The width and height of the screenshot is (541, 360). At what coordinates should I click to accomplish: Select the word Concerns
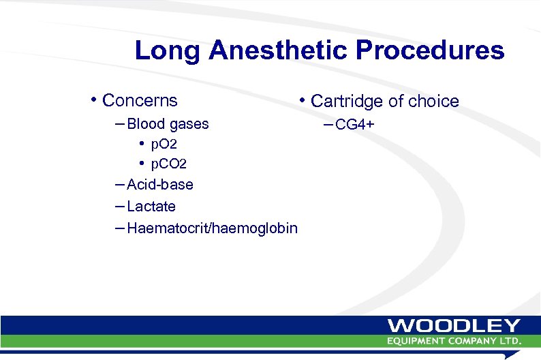pyautogui.click(x=140, y=101)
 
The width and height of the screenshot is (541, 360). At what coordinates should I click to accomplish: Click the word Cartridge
pyautogui.click(x=347, y=102)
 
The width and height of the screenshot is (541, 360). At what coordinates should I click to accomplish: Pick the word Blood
pyautogui.click(x=146, y=124)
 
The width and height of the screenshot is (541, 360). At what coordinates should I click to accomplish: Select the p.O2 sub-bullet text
pyautogui.click(x=164, y=145)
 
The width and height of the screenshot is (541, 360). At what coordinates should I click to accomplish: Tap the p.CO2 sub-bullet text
pyautogui.click(x=168, y=164)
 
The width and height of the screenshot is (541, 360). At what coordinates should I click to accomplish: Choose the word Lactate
pyautogui.click(x=151, y=206)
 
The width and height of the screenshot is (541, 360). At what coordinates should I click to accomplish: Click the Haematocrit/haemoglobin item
pyautogui.click(x=212, y=228)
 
